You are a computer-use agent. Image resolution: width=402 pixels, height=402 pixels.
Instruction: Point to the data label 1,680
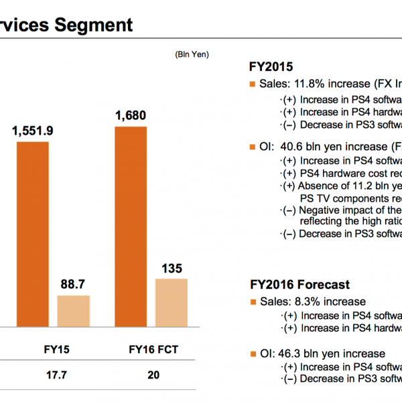(131, 116)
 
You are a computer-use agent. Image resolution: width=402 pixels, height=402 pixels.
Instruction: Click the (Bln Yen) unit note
(192, 54)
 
